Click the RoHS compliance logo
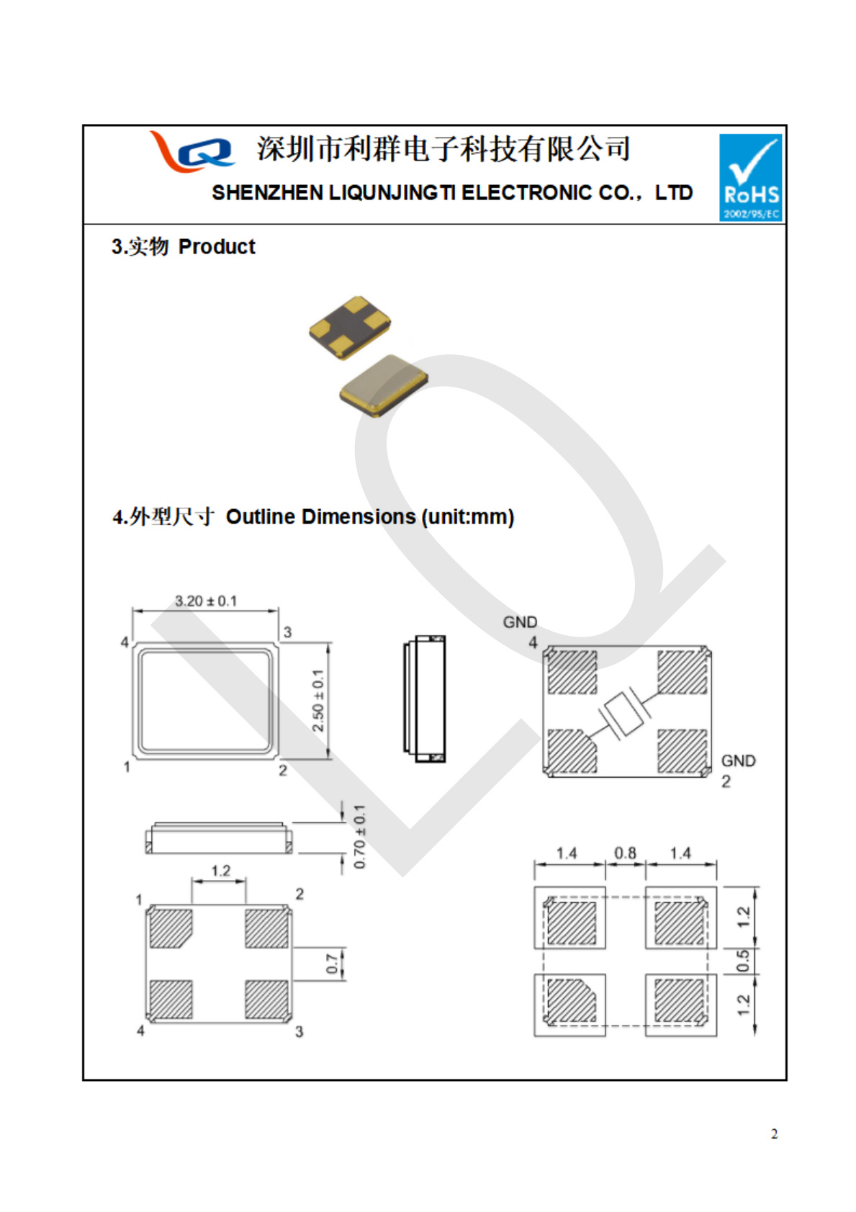[750, 177]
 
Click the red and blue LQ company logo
[192, 151]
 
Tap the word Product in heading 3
[217, 247]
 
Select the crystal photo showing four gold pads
[350, 326]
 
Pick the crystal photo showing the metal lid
[384, 385]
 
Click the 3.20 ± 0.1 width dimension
[206, 601]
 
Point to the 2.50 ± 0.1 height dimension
[317, 700]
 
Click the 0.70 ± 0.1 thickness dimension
[359, 836]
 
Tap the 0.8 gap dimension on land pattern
[625, 853]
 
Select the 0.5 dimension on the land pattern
[744, 961]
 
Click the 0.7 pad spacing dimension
[332, 964]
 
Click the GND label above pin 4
[520, 622]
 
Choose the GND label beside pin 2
[738, 761]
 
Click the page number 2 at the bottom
[774, 1134]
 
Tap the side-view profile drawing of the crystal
[425, 699]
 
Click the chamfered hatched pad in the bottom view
[171, 928]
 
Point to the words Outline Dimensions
[320, 517]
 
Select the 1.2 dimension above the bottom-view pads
[220, 871]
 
